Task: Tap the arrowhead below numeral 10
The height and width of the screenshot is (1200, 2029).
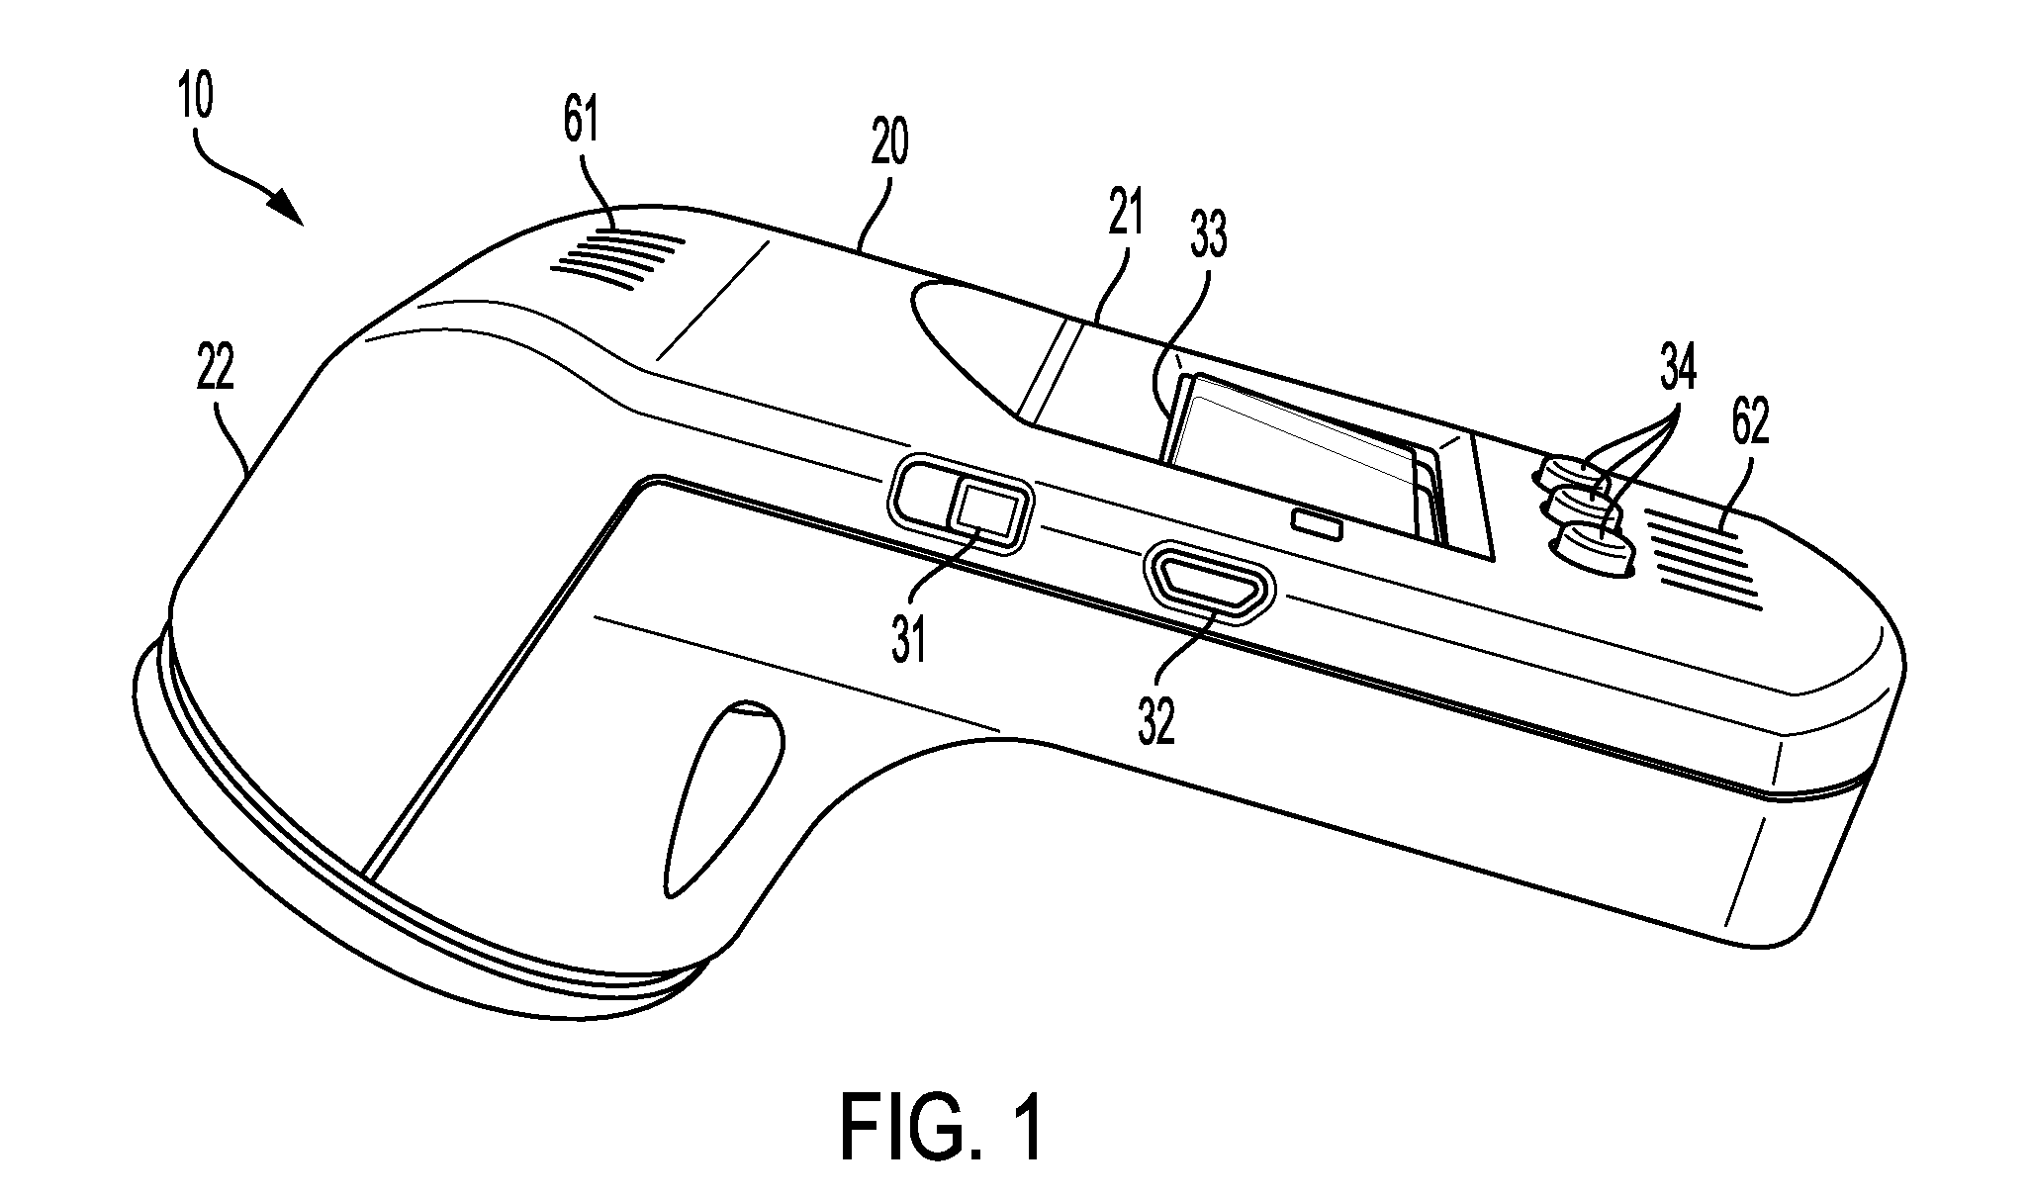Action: pyautogui.click(x=288, y=206)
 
